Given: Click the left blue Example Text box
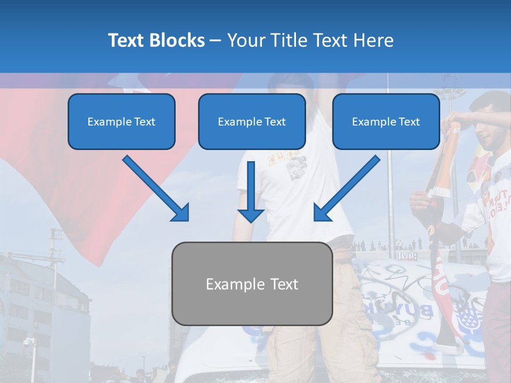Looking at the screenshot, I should tap(121, 121).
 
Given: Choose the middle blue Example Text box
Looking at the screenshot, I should tap(252, 121).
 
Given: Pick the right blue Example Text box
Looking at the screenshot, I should tap(386, 121).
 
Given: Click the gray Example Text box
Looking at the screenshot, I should tap(252, 284).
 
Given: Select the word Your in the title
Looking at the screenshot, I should tap(246, 40).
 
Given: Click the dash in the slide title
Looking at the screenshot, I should tap(216, 41).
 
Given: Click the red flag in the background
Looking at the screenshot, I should tap(80, 176).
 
